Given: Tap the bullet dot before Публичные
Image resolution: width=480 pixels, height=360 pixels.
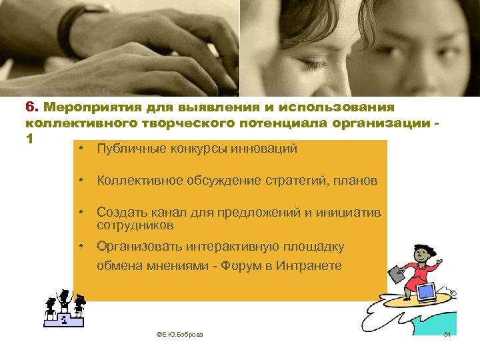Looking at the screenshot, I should (79, 149).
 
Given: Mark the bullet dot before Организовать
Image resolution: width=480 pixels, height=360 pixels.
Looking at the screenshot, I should (79, 247).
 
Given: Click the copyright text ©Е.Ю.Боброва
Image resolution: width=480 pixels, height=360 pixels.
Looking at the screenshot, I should (179, 334).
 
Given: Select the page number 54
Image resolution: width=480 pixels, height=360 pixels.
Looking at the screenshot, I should (447, 333).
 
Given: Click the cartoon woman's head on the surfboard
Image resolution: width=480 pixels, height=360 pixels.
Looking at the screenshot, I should (421, 254).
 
